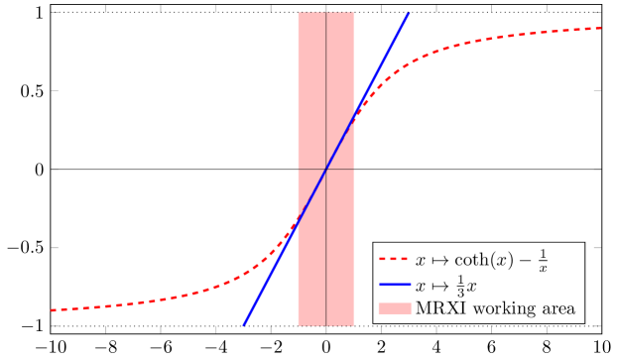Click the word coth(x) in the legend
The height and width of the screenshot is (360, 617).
click(x=480, y=261)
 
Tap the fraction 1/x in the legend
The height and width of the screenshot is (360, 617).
click(x=544, y=261)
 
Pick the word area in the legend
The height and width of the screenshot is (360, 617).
click(x=558, y=309)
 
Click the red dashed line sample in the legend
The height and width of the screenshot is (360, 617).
click(x=394, y=261)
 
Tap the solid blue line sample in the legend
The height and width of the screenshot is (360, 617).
click(x=394, y=286)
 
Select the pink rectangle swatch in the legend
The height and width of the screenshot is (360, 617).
click(x=394, y=309)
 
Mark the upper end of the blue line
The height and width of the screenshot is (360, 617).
click(x=409, y=13)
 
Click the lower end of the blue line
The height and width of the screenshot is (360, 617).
click(x=243, y=325)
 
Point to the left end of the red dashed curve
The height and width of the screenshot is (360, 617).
click(x=51, y=310)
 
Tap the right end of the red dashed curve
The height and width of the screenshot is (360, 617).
click(x=602, y=29)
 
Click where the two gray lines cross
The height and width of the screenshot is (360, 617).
click(x=326, y=170)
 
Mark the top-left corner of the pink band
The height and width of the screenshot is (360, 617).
click(x=299, y=13)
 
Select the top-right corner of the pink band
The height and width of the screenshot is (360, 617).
click(x=354, y=13)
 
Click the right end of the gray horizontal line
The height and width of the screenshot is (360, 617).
click(x=354, y=170)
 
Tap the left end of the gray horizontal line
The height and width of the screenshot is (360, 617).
click(x=299, y=170)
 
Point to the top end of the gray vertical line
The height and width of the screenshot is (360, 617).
click(x=326, y=13)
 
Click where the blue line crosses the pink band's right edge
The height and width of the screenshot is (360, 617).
click(x=354, y=117)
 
